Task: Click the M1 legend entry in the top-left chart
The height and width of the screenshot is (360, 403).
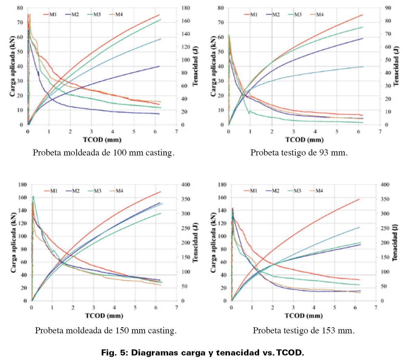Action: pyautogui.click(x=50, y=14)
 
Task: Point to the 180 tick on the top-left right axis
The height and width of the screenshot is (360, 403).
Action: pyautogui.click(x=185, y=8)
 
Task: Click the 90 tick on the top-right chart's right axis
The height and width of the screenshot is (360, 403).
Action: pyautogui.click(x=388, y=8)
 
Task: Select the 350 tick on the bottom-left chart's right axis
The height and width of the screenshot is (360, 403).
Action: pyautogui.click(x=185, y=199)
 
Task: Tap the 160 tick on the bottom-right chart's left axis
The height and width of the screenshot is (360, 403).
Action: pyautogui.click(x=222, y=198)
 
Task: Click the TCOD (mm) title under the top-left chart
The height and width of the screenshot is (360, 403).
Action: pyautogui.click(x=102, y=140)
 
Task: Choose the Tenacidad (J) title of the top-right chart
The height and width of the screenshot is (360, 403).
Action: pyautogui.click(x=396, y=66)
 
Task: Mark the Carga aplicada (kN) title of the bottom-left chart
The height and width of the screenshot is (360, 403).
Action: pyautogui.click(x=13, y=242)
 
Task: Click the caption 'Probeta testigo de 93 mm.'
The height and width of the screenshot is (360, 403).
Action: pyautogui.click(x=299, y=152)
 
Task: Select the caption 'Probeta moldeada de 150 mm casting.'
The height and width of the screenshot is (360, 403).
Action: pyautogui.click(x=106, y=330)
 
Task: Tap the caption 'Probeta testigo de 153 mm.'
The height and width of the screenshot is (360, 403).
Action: pyautogui.click(x=304, y=330)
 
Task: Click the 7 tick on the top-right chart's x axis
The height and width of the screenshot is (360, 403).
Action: pyautogui.click(x=380, y=132)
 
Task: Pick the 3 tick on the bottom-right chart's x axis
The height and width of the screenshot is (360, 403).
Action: pyautogui.click(x=293, y=308)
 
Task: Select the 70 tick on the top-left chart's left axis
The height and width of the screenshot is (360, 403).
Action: pyautogui.click(x=20, y=22)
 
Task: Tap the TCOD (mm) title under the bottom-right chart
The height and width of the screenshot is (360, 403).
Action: pyautogui.click(x=304, y=316)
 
